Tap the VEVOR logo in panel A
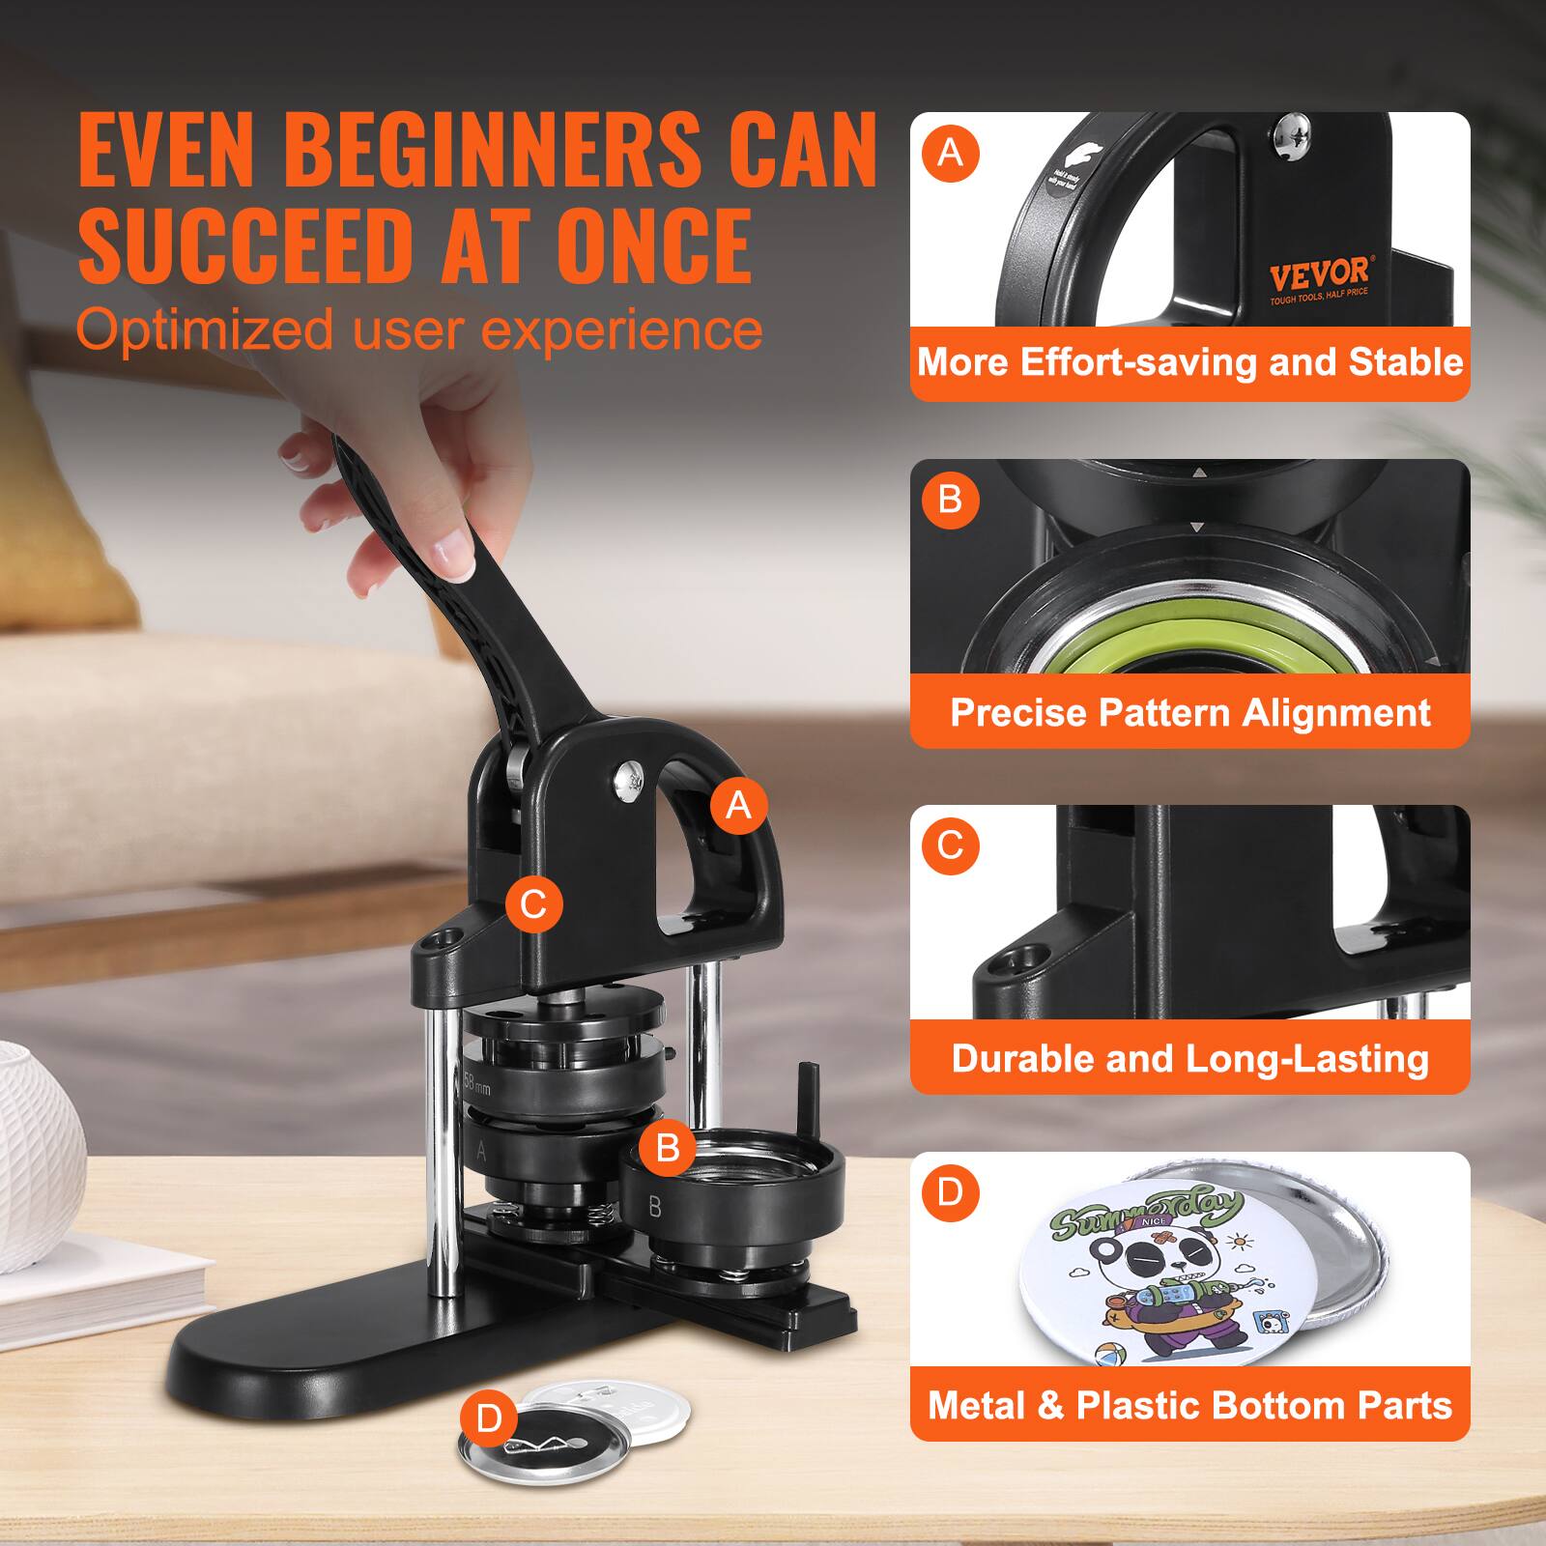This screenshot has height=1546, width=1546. click(1318, 273)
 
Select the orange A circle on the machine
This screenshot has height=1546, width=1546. click(738, 804)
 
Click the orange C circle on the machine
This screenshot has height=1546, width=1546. click(533, 904)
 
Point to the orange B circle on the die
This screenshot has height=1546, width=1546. click(667, 1147)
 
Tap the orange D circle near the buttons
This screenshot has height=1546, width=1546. click(490, 1418)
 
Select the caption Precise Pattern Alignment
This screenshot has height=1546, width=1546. click(1189, 712)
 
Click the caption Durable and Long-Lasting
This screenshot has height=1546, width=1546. click(1189, 1058)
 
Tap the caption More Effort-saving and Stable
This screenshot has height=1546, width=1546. click(1189, 362)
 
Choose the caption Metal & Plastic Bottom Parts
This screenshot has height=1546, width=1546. click(1189, 1404)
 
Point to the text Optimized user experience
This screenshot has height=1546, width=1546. click(418, 329)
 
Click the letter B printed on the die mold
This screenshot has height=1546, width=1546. click(655, 1206)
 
